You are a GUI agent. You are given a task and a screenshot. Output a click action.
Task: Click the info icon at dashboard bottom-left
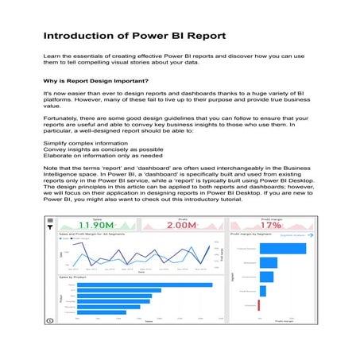[x=50, y=319]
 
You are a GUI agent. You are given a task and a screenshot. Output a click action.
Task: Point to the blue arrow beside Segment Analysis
[x=312, y=236]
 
